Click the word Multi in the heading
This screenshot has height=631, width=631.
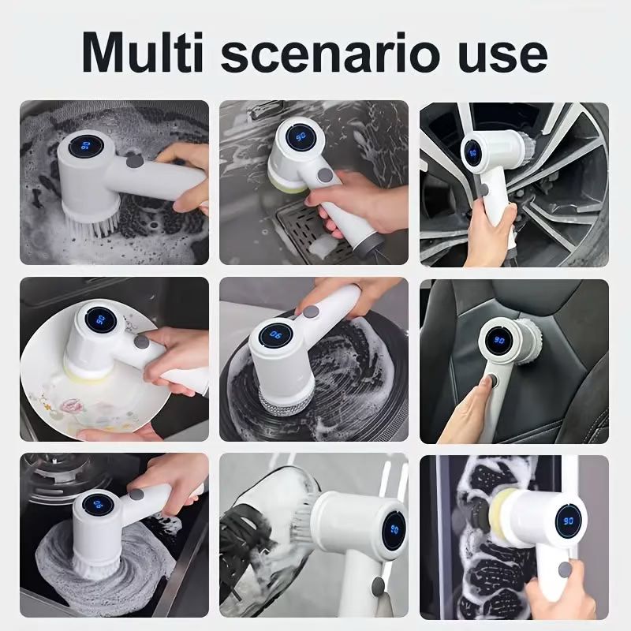(143, 53)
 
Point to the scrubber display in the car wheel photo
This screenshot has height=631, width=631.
(472, 152)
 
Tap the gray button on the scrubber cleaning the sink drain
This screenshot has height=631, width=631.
(325, 175)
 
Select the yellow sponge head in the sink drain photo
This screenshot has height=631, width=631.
(289, 183)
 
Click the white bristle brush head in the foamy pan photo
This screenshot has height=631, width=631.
(91, 222)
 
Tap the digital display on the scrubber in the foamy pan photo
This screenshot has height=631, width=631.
(85, 145)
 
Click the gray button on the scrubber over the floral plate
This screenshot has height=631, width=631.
(141, 342)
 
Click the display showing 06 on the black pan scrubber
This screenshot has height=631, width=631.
(276, 334)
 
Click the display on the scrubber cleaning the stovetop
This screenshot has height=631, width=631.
(98, 505)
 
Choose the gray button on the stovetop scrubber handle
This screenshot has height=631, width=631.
(136, 495)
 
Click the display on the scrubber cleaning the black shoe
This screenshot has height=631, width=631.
(394, 530)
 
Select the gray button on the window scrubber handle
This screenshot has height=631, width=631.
(565, 569)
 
